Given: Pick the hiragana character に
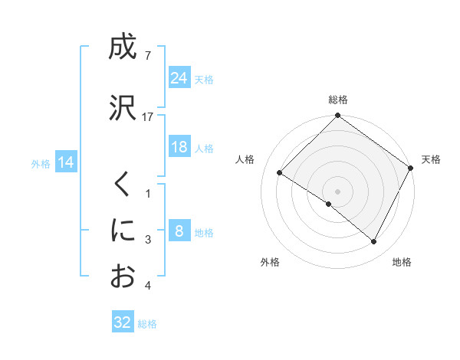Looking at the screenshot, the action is (x=123, y=230).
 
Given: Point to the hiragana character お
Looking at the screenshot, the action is (x=123, y=276).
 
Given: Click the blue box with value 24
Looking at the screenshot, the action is (x=179, y=77).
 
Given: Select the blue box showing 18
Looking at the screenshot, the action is (x=179, y=147).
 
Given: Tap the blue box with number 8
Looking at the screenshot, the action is (x=179, y=231).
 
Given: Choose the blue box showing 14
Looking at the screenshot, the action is (x=66, y=162).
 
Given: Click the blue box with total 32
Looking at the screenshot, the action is (x=123, y=322).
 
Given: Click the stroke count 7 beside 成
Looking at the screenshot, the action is (x=147, y=56).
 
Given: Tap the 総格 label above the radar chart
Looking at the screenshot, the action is (x=338, y=100).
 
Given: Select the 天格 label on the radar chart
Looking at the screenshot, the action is (x=431, y=159).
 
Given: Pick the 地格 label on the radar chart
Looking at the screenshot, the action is (x=402, y=262).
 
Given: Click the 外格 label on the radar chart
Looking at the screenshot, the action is (x=270, y=262).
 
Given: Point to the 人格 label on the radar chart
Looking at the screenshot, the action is (x=245, y=159).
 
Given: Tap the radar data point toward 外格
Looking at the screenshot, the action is (x=328, y=204).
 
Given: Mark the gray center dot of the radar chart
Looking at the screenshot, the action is (x=337, y=191).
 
